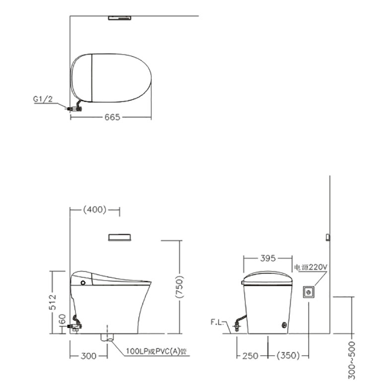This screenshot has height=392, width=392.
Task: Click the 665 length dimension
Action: tap(112, 117)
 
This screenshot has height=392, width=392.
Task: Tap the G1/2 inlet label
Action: tap(43, 99)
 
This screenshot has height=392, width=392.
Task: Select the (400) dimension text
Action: tap(95, 209)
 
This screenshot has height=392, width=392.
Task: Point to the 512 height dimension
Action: tap(53, 302)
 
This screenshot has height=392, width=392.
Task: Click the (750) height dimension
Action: tap(180, 287)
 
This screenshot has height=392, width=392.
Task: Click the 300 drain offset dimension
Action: tap(88, 356)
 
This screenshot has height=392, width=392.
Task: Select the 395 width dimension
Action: tap(268, 258)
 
